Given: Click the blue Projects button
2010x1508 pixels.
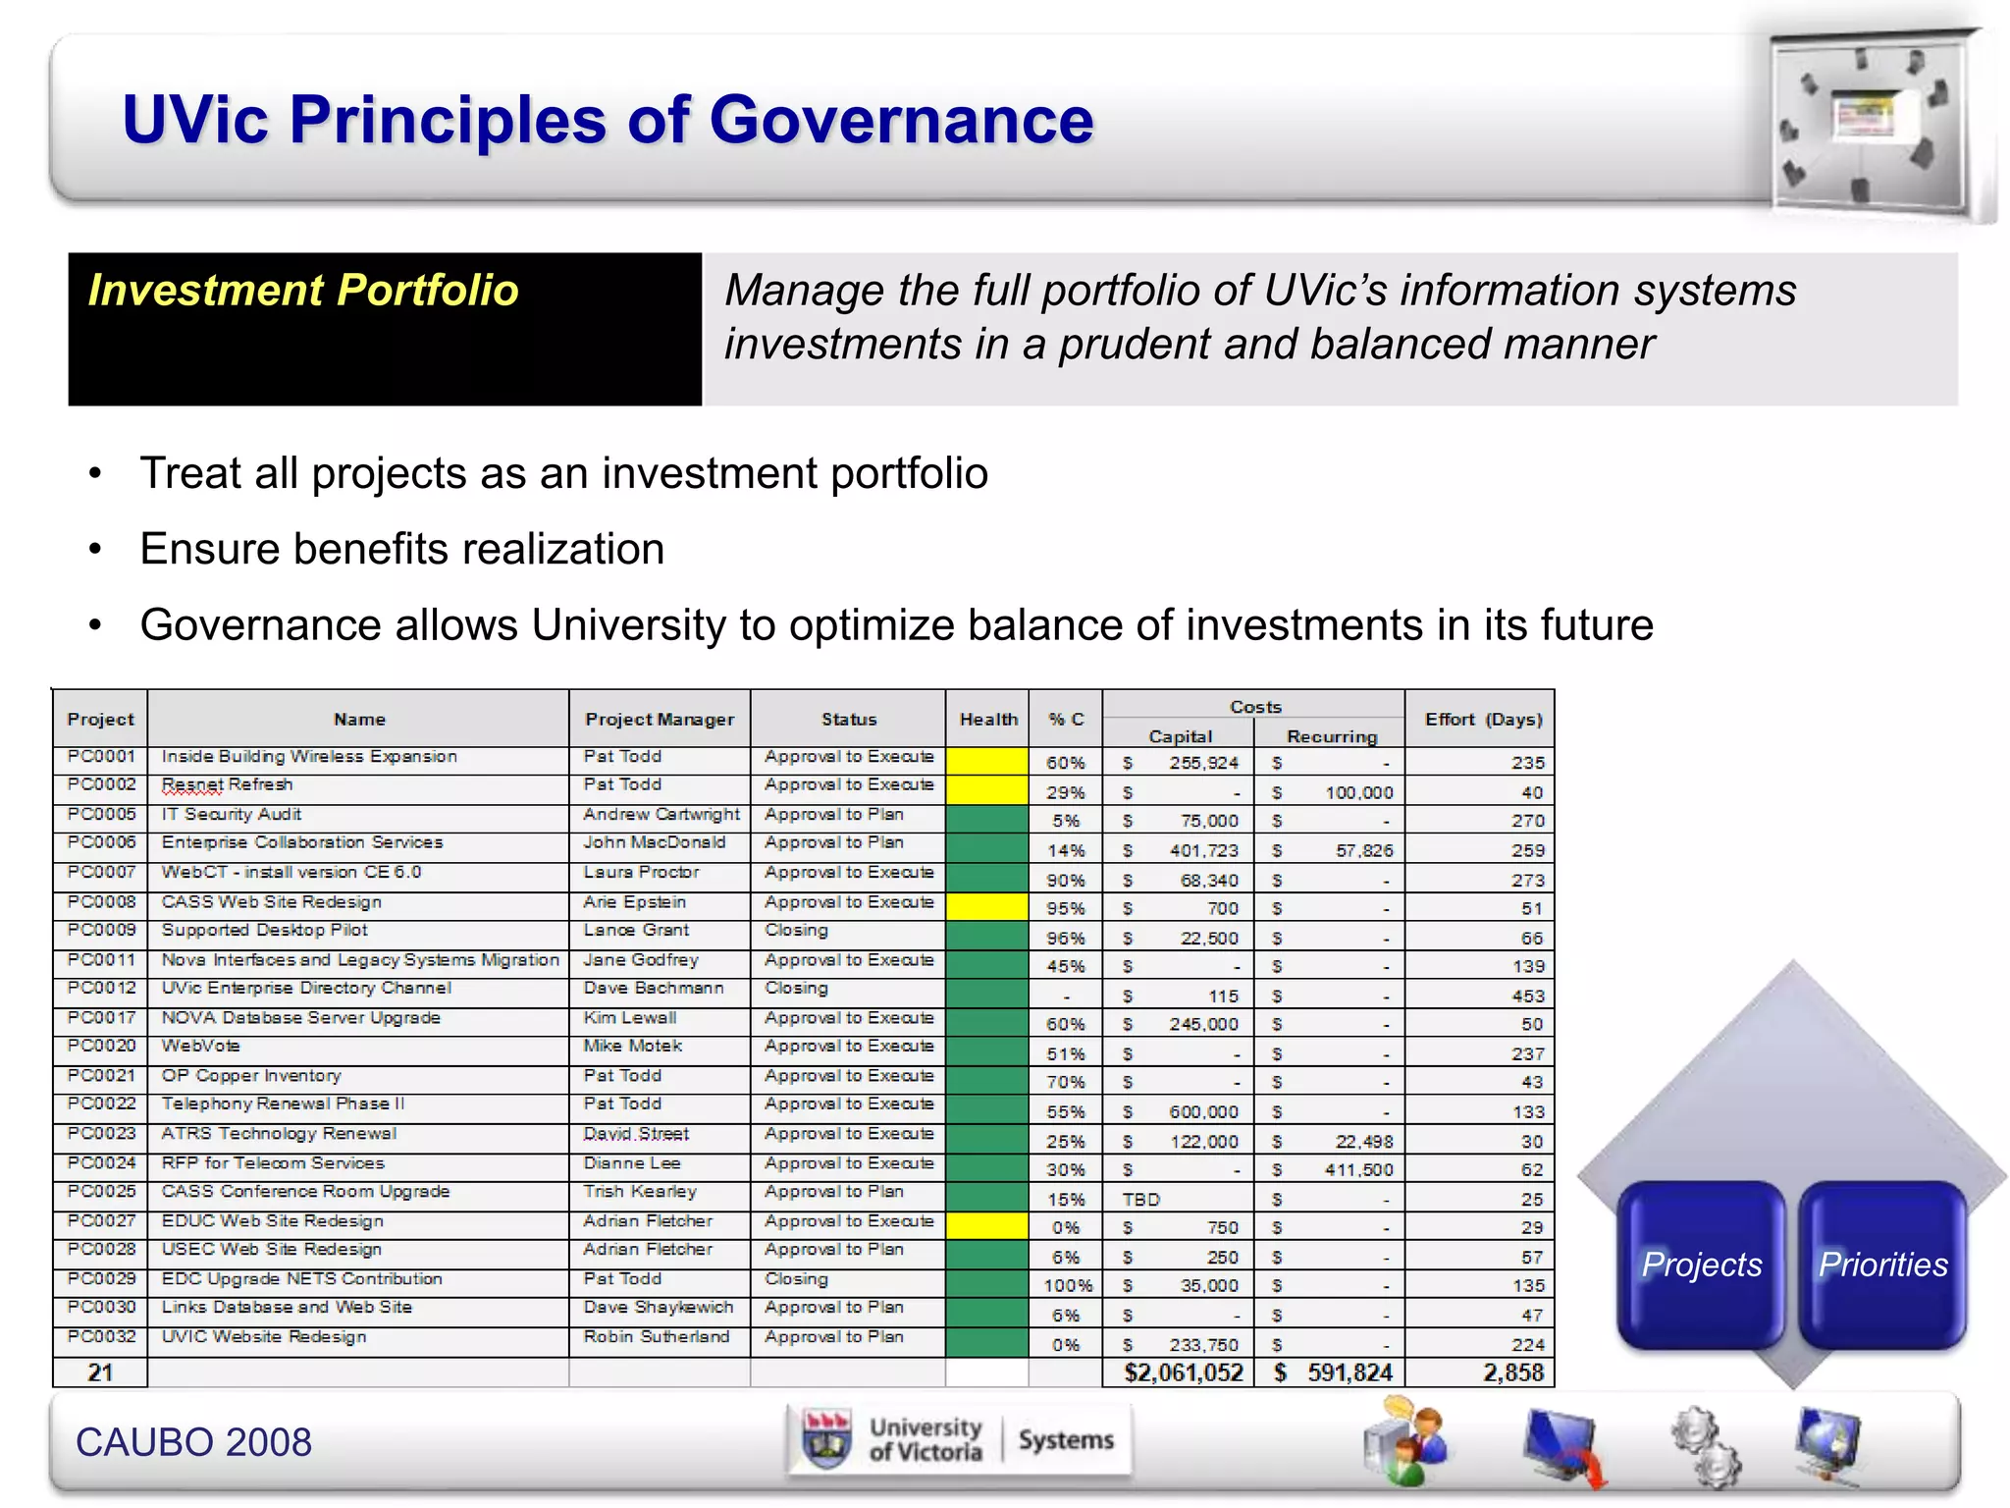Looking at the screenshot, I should click(x=1701, y=1264).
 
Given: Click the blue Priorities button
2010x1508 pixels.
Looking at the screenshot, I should click(x=1882, y=1264).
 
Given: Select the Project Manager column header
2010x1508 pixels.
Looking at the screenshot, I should click(x=660, y=719).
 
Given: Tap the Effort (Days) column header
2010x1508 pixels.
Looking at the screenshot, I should click(x=1482, y=719).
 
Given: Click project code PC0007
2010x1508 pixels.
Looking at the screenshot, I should click(x=101, y=872).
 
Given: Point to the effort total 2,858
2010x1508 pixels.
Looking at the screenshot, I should click(x=1512, y=1373).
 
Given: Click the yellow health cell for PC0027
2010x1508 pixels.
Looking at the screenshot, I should click(x=987, y=1226).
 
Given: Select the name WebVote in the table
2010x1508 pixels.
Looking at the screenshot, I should click(x=200, y=1046).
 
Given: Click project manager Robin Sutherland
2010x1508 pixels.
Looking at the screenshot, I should click(x=656, y=1336).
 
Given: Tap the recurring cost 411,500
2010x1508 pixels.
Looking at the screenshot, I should click(x=1358, y=1169).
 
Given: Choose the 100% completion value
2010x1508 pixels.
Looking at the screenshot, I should click(x=1067, y=1285).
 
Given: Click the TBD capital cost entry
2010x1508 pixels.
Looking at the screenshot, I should click(x=1141, y=1199).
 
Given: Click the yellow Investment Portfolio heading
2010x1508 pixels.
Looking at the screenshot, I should click(x=303, y=291).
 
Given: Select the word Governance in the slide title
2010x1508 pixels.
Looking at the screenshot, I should click(x=900, y=120).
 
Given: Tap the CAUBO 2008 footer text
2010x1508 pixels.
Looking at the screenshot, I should click(x=193, y=1441).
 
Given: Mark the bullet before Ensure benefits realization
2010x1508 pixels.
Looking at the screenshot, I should click(x=95, y=549).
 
